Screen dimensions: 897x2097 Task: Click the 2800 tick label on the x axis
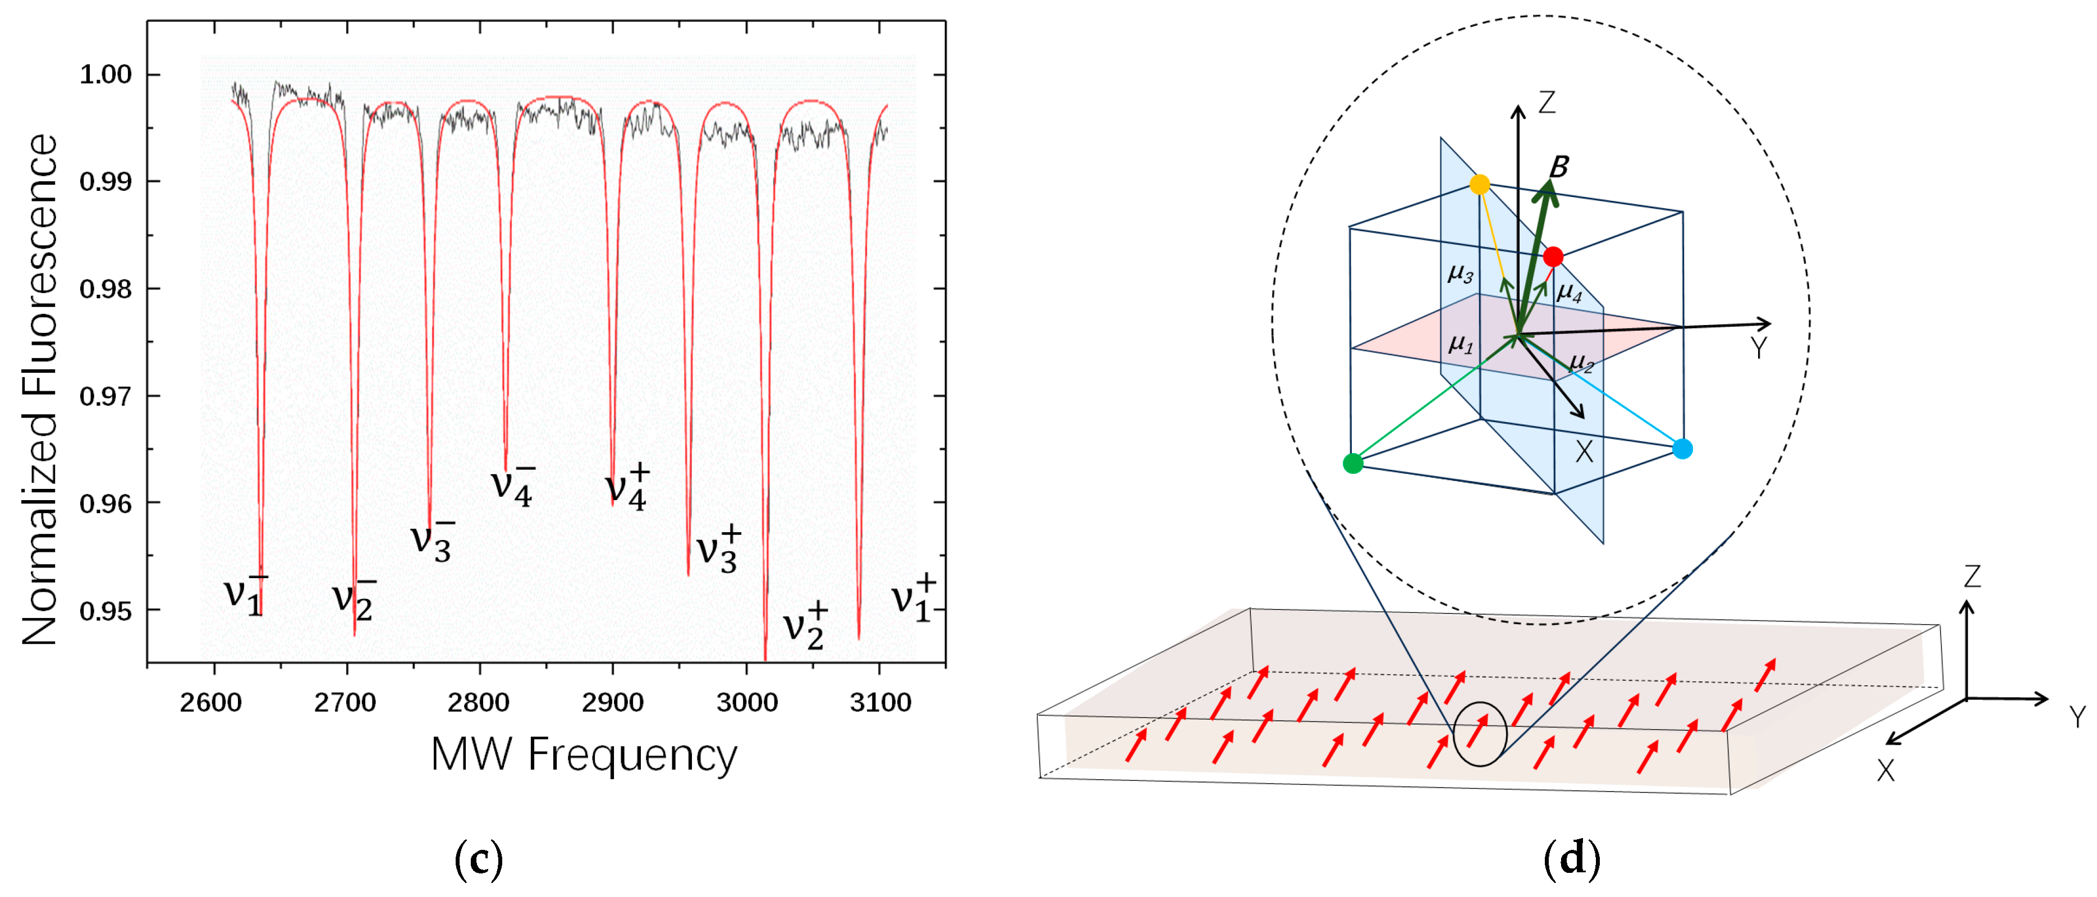coord(479,702)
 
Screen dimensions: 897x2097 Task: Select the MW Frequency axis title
coord(583,754)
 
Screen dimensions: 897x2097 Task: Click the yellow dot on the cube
coord(1480,185)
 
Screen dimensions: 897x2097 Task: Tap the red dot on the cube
coord(1553,257)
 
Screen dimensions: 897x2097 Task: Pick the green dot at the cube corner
coord(1353,464)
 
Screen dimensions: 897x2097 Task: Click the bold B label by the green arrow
coord(1559,167)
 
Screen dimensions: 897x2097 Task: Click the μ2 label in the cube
coord(1581,361)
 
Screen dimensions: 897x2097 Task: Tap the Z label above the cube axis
coord(1547,103)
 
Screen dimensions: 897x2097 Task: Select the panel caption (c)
coord(479,859)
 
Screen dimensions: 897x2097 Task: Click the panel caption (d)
coord(1571,859)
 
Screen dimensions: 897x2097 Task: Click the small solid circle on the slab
coord(1480,734)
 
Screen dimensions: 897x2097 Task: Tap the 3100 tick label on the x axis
coord(880,702)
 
